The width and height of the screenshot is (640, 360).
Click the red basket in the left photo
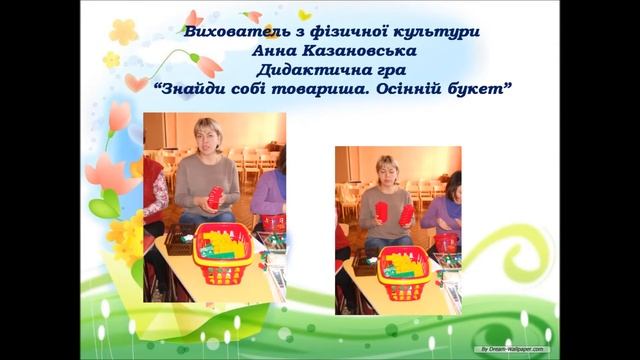[x=226, y=253]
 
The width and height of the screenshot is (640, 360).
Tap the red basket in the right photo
[x=404, y=271]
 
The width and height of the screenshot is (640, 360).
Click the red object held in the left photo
[x=215, y=197]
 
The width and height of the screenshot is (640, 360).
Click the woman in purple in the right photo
[x=444, y=210]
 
